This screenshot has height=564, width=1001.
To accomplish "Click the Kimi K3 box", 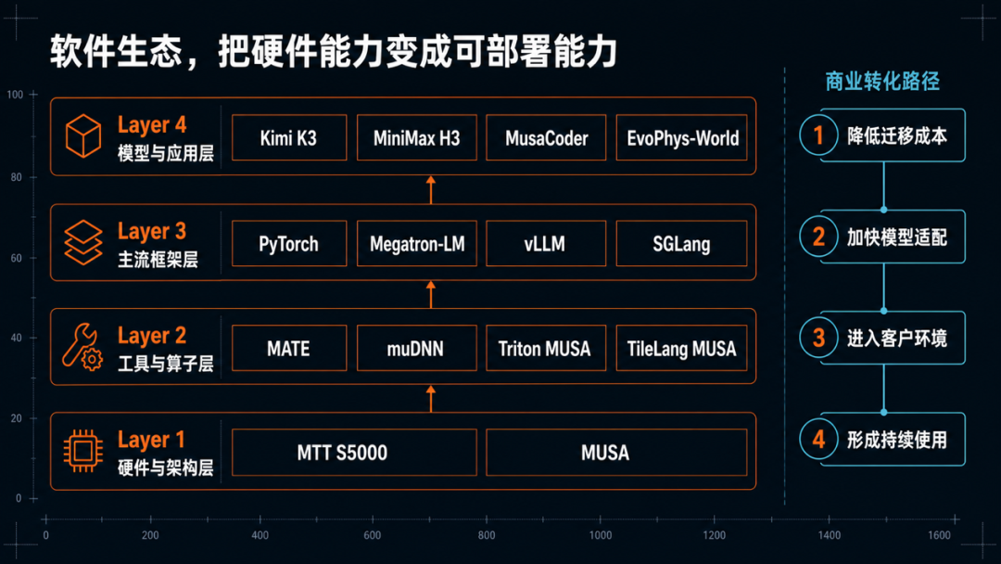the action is point(289,137).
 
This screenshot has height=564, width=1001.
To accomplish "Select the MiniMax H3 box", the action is point(417,137).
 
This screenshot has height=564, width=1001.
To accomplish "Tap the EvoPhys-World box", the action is point(682,137).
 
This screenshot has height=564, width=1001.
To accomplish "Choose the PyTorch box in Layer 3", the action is point(289,243).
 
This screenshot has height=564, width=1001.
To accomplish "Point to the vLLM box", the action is point(546,243).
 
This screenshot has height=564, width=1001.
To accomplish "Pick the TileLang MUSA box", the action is point(682,348).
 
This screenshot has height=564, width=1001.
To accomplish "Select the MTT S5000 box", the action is point(354,453).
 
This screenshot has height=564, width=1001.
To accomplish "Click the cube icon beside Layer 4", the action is point(83,135).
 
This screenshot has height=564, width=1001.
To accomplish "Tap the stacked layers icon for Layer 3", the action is point(83,242).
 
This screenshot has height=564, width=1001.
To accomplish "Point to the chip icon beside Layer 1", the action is point(83,451).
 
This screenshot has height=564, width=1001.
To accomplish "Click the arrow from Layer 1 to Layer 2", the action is point(431,399).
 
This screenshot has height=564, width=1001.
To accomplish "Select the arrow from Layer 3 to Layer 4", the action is point(431,190).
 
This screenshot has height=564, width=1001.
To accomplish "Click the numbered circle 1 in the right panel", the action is point(818,135).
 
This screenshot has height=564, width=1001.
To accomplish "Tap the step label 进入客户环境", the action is point(897,339).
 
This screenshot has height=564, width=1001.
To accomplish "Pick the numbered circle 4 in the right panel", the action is point(818,440).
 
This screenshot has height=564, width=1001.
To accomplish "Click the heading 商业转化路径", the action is point(882,82).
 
